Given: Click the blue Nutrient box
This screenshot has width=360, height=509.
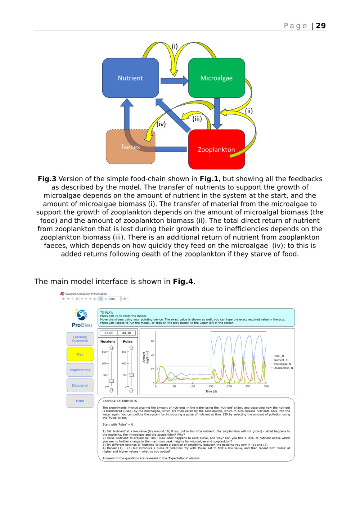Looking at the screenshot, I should [x=130, y=78].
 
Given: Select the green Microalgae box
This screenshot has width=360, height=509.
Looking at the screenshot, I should [x=216, y=78].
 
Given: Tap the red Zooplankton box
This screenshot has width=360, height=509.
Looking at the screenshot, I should [x=216, y=149].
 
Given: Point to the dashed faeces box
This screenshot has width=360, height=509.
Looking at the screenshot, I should [x=130, y=147].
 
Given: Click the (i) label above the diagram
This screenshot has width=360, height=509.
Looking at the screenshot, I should [x=175, y=46].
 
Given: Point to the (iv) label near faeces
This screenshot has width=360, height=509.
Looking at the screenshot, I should [x=161, y=124].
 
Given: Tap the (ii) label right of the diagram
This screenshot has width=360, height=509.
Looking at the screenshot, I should [x=249, y=111].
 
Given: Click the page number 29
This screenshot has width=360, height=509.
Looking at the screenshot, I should [x=320, y=26].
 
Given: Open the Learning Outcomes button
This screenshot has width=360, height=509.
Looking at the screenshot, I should [x=80, y=339].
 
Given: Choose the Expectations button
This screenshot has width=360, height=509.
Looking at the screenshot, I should [x=80, y=370].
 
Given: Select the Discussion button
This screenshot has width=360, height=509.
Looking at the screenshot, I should [x=80, y=385].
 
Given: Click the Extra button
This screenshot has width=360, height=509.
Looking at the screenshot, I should [x=80, y=401].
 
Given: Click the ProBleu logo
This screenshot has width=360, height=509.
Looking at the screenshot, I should [x=82, y=318].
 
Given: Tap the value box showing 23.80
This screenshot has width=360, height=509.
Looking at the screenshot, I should [x=109, y=333].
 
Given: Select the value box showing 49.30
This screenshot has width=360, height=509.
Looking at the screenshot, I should [x=126, y=333].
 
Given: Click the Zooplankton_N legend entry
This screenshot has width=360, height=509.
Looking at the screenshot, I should [x=283, y=368].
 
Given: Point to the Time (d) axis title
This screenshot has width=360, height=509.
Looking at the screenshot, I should [x=211, y=391].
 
